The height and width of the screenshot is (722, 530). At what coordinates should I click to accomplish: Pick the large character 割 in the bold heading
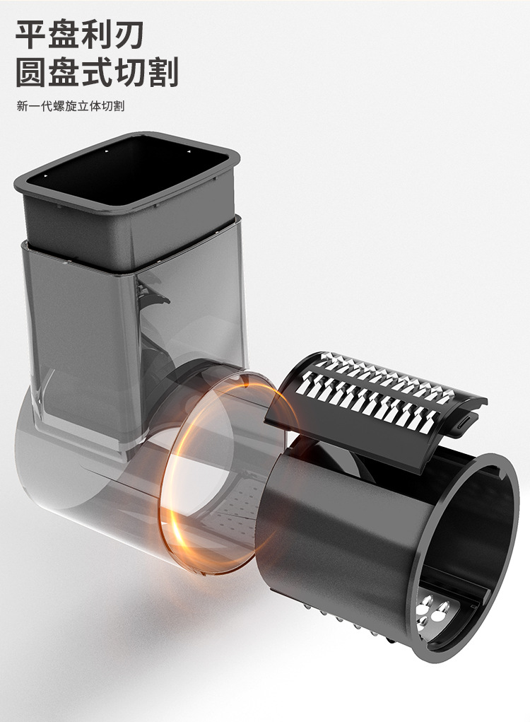[x=162, y=72]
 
